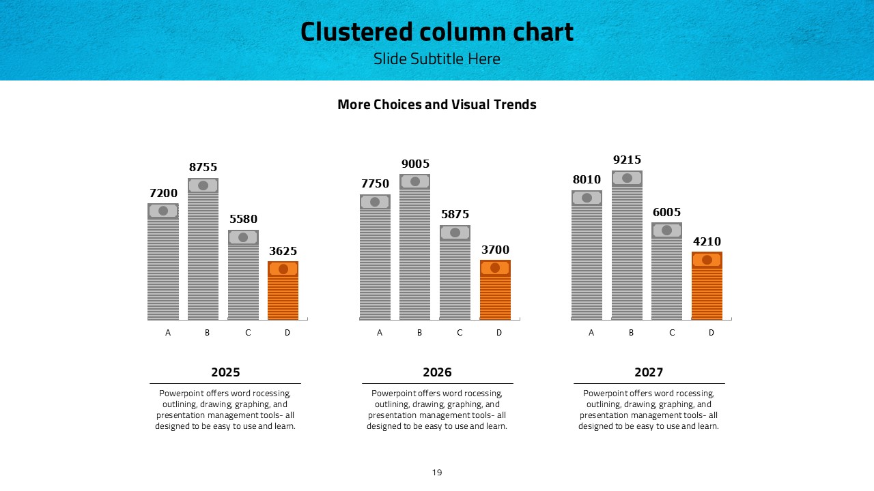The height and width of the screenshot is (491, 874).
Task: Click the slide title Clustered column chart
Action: pos(437,32)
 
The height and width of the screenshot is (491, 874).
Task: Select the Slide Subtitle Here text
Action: pos(437,59)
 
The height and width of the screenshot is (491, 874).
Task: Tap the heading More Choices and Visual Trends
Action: pos(437,104)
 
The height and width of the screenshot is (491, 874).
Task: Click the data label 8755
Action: pos(203,167)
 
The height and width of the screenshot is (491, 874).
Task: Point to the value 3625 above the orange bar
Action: pos(283,251)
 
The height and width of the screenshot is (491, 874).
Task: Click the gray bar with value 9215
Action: pos(627,249)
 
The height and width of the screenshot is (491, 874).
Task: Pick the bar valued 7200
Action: pos(163,266)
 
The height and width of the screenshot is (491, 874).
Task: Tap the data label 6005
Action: pos(666,212)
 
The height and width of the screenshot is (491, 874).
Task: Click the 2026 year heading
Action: pos(437,372)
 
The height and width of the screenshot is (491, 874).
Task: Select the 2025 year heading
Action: pos(225,372)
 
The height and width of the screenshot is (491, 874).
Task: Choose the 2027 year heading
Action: pos(649,372)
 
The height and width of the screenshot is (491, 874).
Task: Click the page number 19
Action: pos(437,472)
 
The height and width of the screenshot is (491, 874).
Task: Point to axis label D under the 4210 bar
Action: pos(711,333)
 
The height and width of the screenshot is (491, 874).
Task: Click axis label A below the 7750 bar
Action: pos(380,333)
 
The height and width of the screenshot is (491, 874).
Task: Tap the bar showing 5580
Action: pos(243,280)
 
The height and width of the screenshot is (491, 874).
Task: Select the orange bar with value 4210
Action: pos(707,290)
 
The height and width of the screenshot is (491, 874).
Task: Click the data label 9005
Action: pos(415,164)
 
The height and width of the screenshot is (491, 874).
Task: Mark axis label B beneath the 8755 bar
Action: pos(208,333)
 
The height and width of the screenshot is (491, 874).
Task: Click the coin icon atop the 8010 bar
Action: pos(587,198)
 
